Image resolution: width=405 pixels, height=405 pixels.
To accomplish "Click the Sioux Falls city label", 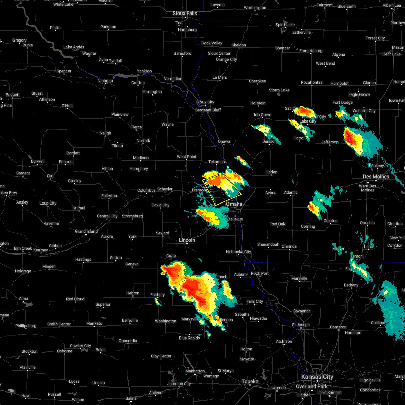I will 185,13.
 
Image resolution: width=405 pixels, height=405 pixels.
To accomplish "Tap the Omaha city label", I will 234,204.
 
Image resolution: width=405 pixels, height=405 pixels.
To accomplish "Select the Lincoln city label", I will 187,240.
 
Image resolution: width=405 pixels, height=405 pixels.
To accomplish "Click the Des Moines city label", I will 376,177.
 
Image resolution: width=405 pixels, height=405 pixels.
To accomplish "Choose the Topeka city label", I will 250,381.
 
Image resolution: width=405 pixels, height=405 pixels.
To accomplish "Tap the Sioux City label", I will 205,102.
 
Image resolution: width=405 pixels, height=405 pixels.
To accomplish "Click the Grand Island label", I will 86,231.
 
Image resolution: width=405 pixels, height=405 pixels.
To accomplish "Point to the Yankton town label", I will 144,71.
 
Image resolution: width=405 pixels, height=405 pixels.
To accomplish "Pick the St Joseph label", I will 301,325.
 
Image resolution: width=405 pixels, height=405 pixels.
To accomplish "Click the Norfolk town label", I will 143,141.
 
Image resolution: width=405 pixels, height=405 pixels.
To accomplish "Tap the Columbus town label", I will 146,190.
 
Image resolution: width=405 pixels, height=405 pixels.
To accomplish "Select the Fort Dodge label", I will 343,102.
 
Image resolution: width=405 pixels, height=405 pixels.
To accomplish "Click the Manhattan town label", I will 195,371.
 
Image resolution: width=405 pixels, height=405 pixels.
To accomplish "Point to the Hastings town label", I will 83,259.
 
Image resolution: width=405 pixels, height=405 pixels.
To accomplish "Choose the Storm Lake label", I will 279,90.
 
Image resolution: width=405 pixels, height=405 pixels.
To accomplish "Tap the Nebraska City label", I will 239,252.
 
